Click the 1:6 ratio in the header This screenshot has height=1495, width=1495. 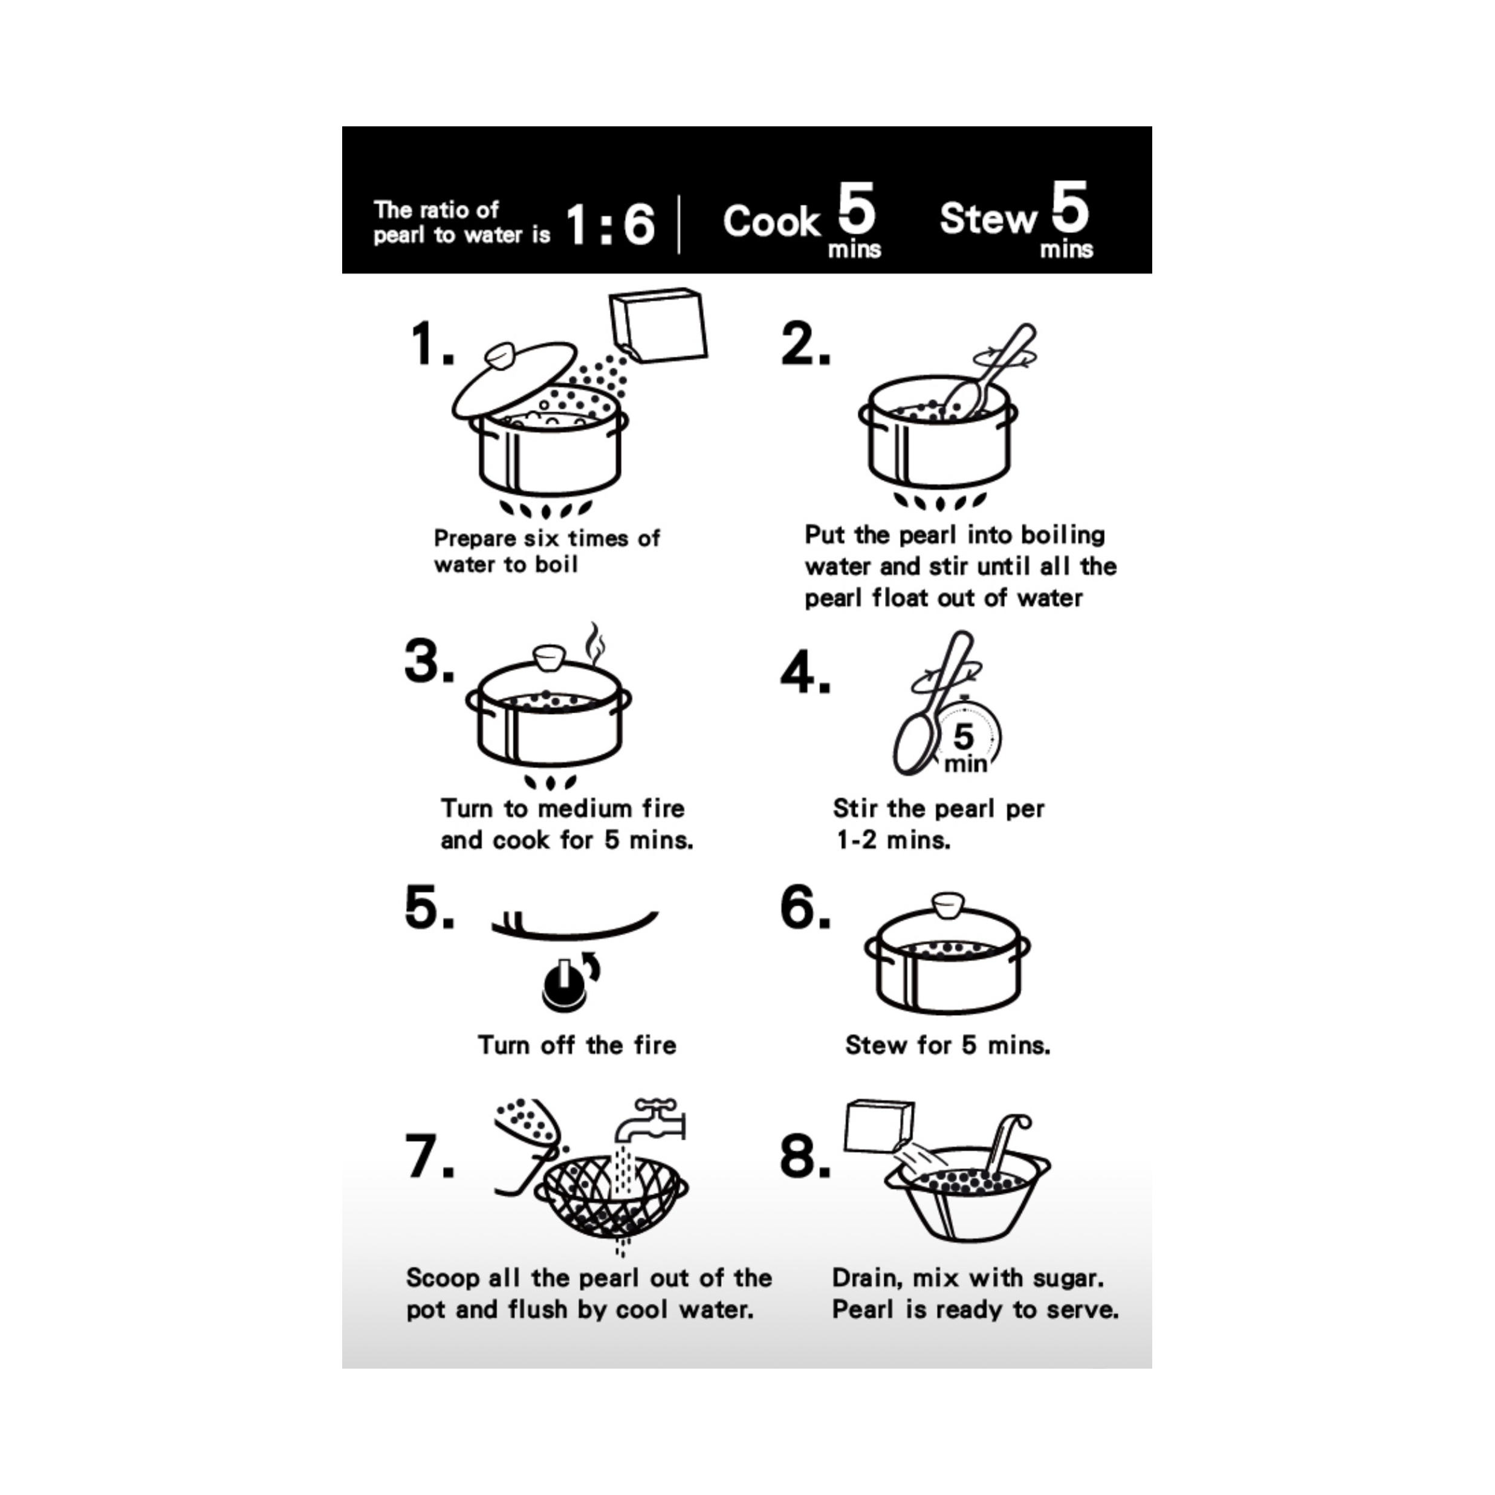click(611, 225)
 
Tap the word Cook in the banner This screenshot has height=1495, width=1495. click(771, 222)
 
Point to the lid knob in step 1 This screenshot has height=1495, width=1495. click(501, 356)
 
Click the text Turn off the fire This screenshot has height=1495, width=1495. click(577, 1045)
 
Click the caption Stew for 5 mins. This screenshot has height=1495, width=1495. click(947, 1045)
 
